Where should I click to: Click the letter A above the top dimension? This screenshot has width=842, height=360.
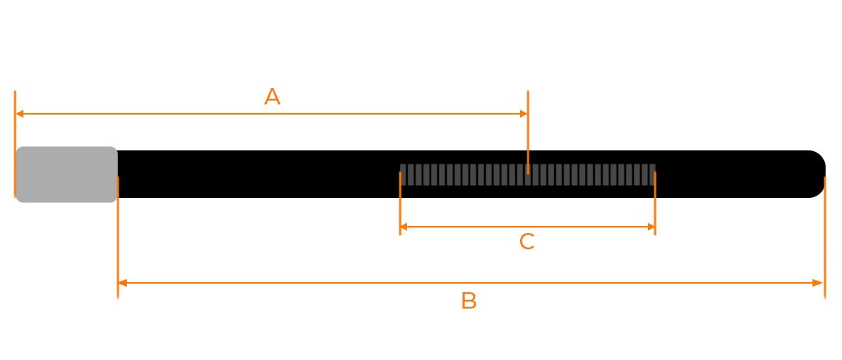[272, 97]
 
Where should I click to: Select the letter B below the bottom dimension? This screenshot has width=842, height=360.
[469, 302]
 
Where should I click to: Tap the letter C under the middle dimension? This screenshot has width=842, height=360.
[527, 242]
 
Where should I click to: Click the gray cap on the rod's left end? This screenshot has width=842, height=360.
[66, 174]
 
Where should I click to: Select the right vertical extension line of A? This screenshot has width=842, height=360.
[528, 132]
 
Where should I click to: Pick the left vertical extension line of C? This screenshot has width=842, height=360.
[400, 203]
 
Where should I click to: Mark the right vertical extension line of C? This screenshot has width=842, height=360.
[655, 203]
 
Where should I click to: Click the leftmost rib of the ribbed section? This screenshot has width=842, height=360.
[404, 175]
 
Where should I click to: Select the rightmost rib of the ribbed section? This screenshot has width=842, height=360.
[652, 175]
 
